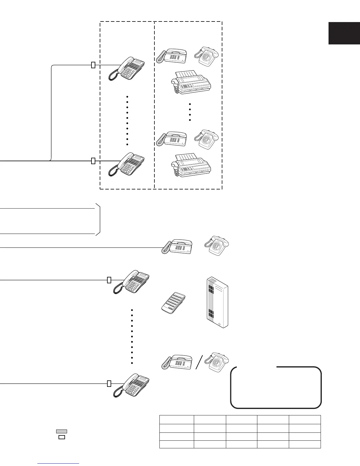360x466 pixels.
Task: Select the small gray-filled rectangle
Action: [x=61, y=431]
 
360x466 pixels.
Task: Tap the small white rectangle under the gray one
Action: [x=61, y=437]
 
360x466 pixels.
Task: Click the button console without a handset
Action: [x=174, y=303]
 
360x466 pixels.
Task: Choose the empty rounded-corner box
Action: [x=276, y=387]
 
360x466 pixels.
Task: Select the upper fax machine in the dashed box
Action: [x=191, y=82]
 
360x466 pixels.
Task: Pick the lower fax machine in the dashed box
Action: [x=191, y=165]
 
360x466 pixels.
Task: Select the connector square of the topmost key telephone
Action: [x=93, y=65]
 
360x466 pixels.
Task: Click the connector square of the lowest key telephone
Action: [x=109, y=383]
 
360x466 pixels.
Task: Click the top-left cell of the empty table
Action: [x=176, y=420]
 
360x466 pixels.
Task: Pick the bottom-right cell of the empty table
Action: [x=305, y=444]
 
